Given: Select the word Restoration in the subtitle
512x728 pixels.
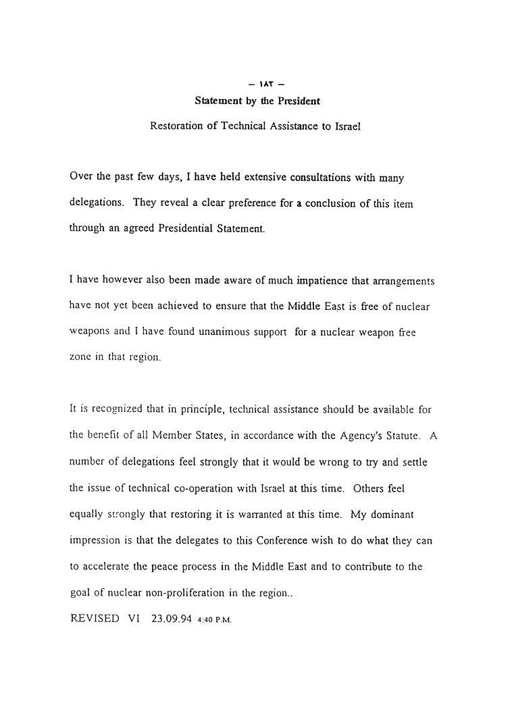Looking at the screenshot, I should (177, 126).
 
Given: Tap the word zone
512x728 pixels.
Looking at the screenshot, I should (81, 358).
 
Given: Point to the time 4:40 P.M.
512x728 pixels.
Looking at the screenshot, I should (214, 619).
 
